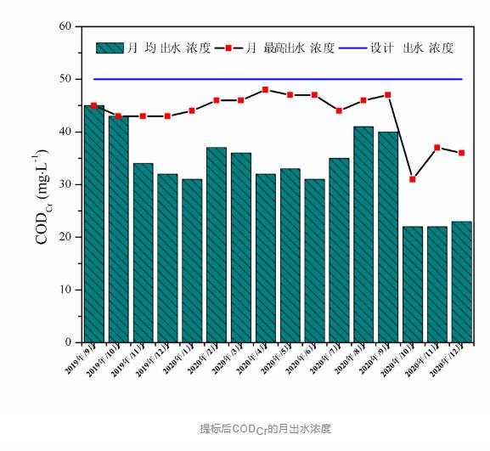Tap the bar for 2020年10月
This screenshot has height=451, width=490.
(413, 284)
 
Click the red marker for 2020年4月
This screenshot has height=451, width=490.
(266, 89)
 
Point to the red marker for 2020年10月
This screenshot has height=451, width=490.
(413, 179)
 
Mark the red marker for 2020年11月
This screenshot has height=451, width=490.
(437, 148)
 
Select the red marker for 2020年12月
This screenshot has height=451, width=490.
(462, 153)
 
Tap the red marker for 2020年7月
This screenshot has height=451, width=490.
(339, 110)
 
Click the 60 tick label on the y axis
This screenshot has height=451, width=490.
(65, 26)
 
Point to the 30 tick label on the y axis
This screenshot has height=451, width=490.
(65, 184)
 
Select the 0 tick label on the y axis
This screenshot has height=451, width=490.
(68, 342)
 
